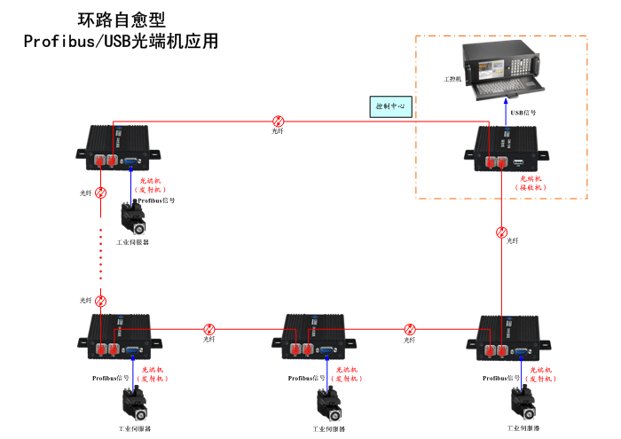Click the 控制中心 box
390,106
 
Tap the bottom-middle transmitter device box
314,335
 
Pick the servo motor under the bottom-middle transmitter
329,404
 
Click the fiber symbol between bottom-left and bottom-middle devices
209,328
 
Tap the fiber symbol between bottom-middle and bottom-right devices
410,328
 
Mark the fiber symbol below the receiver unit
502,232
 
